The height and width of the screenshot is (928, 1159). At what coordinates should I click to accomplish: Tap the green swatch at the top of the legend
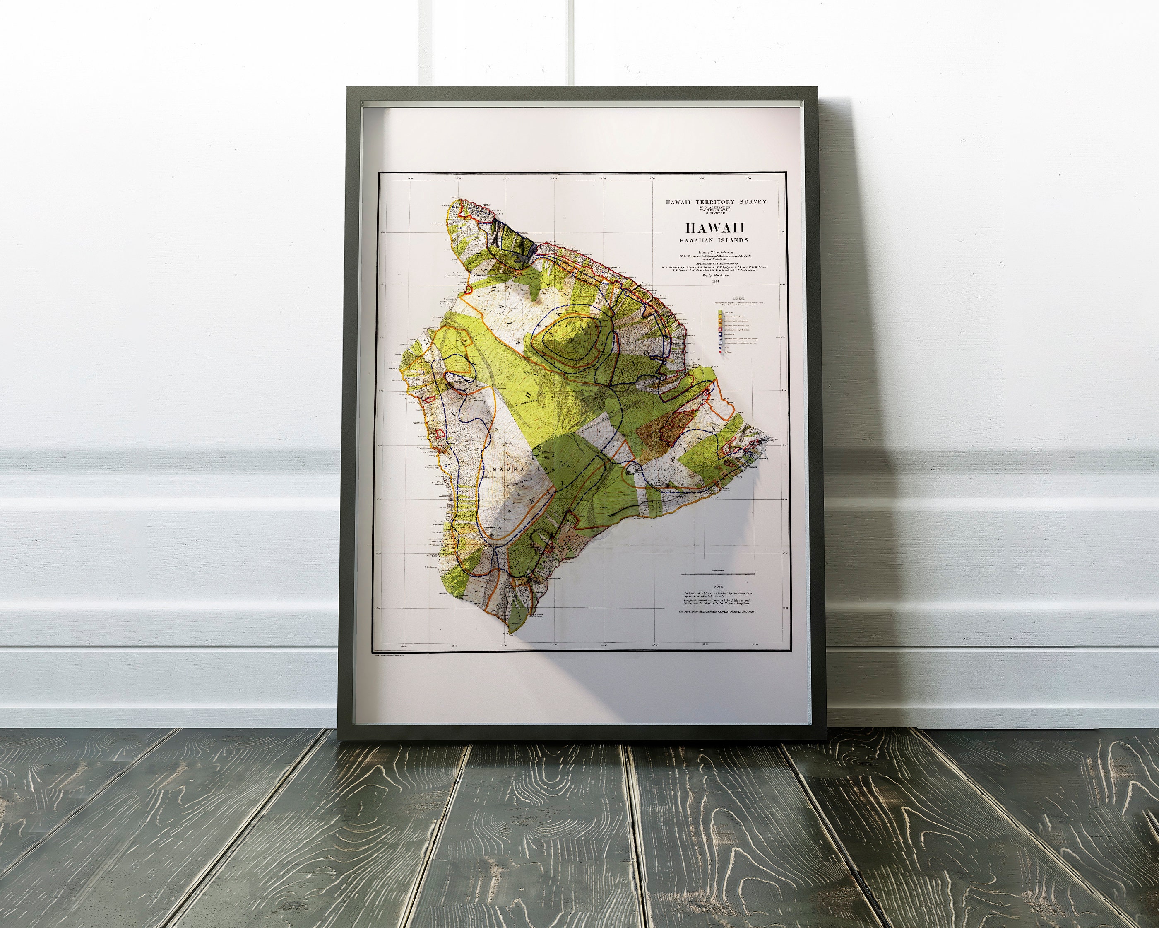(719, 311)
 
